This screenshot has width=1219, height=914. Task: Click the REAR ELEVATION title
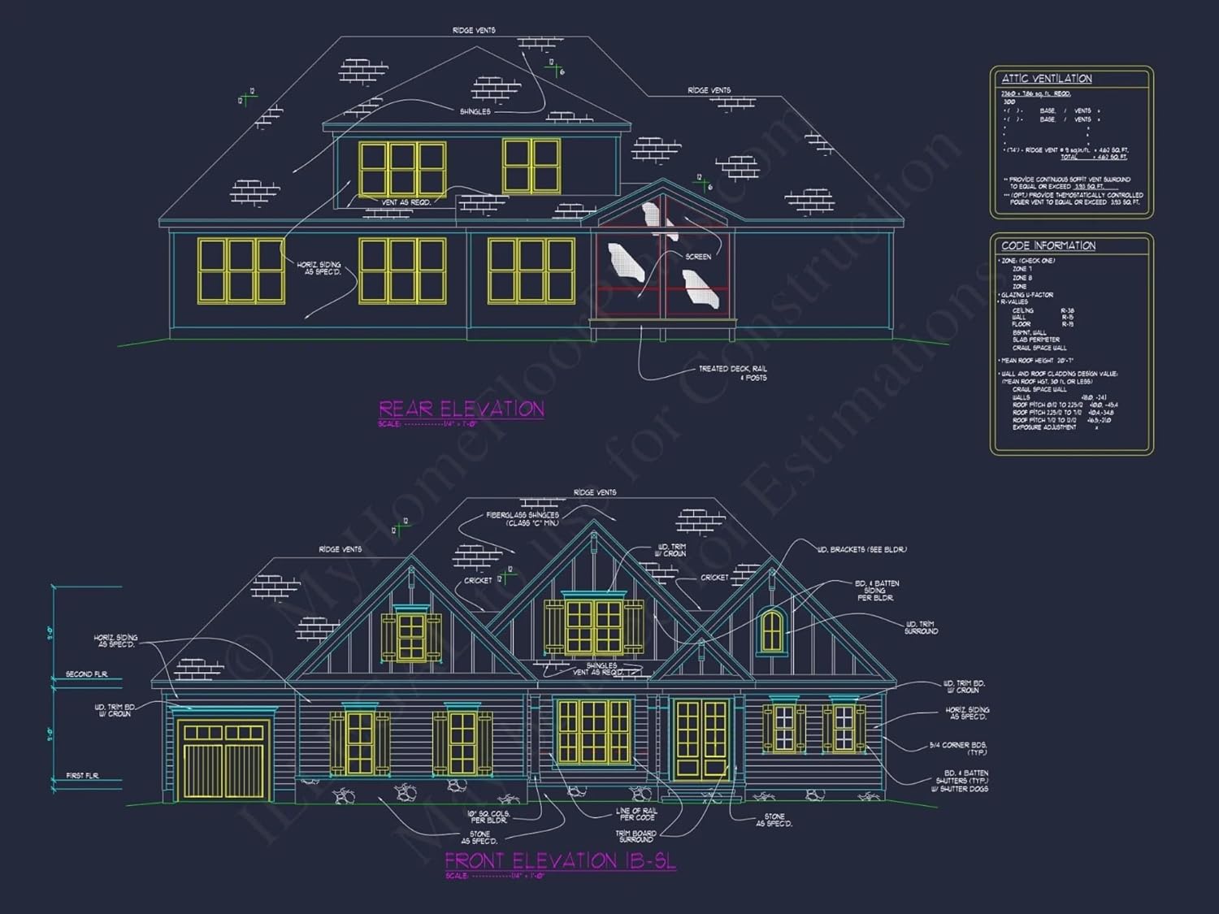coord(462,409)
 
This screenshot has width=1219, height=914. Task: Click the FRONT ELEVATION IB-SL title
coord(560,860)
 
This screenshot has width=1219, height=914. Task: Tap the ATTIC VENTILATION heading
coord(1047,79)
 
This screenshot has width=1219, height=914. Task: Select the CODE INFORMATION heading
coord(1048,245)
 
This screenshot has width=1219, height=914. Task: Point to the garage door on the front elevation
coord(224,760)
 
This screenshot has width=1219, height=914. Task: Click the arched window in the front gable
coord(772,631)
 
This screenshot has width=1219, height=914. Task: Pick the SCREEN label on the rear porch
coord(698,257)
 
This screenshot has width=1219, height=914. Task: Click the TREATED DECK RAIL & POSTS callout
coord(733,373)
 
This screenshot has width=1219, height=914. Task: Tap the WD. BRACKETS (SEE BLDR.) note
coord(861,550)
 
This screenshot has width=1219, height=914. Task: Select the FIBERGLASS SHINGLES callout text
coord(523,518)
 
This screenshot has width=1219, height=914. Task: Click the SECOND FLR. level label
coord(86,674)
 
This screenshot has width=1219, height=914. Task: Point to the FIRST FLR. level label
coord(82,776)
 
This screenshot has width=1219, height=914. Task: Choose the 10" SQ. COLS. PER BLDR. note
coord(488,817)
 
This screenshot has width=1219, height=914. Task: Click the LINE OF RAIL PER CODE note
coord(636,814)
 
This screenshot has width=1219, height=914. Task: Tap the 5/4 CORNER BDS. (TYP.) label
coord(959,748)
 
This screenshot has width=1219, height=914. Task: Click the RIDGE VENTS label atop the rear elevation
coord(474,31)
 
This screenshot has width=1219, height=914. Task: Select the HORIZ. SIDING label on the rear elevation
coord(319,268)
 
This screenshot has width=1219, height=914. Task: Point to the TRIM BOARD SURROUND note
coord(636,836)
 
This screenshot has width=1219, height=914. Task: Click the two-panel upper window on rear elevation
coord(531,166)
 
